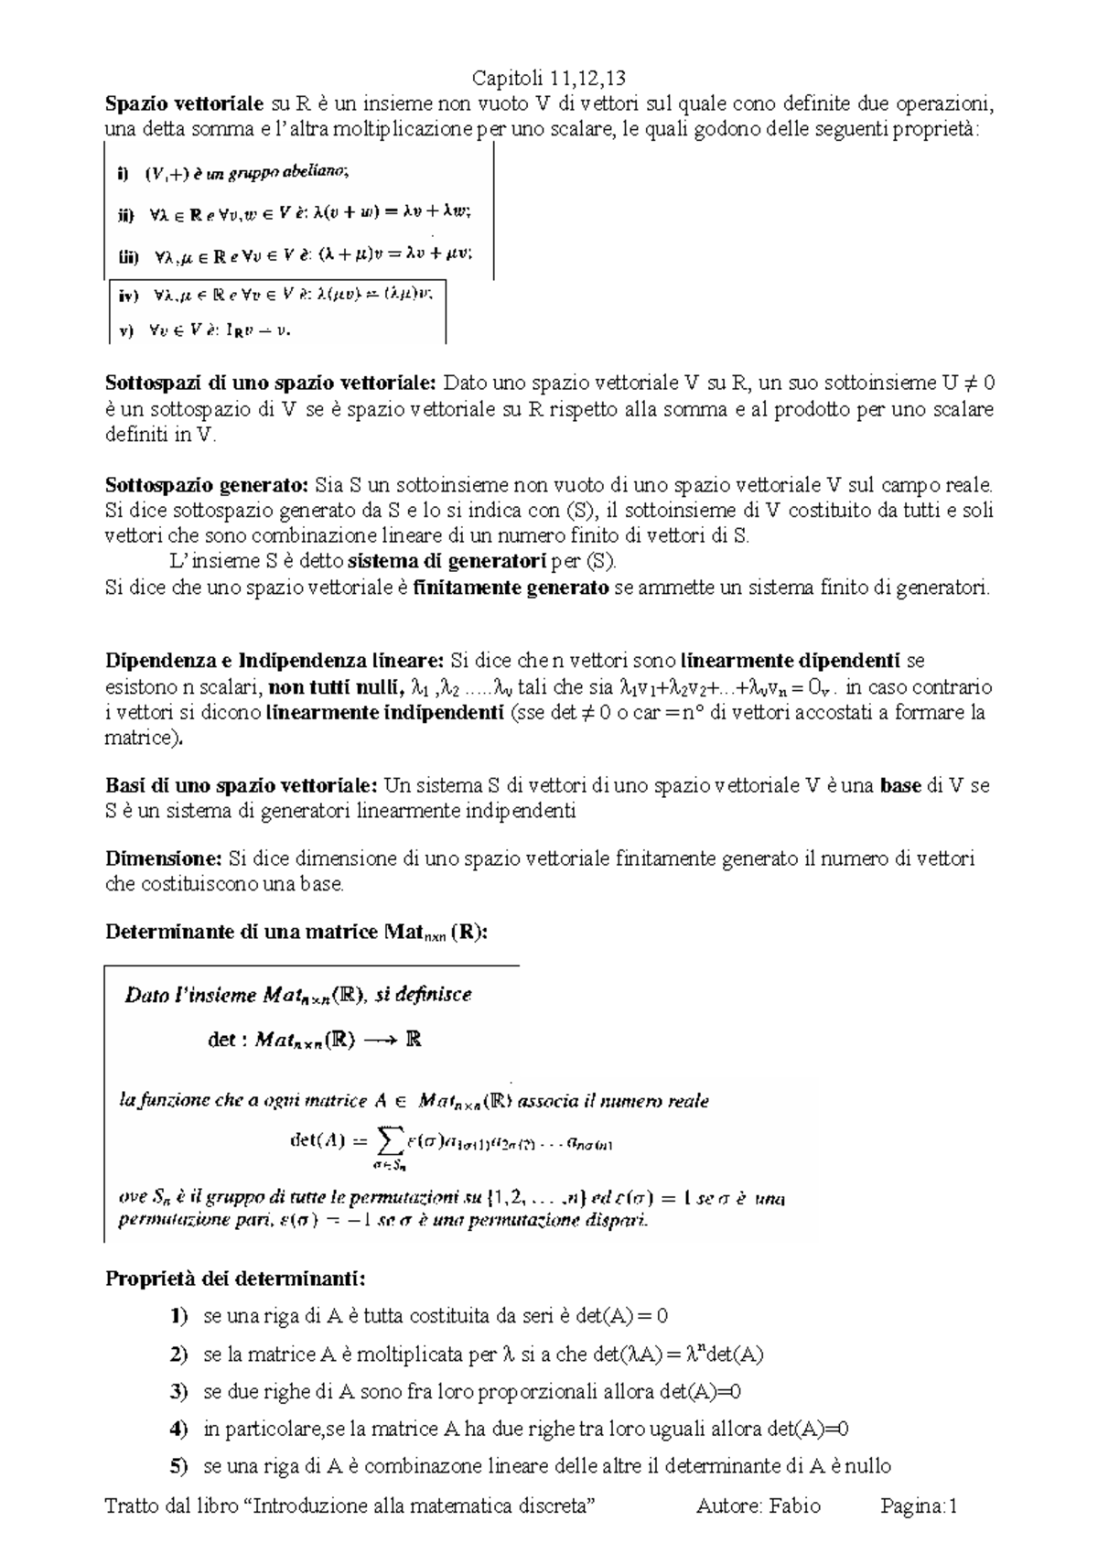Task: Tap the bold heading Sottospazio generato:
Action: pos(207,485)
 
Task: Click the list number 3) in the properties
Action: pos(179,1392)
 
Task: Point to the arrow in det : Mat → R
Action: pos(382,1041)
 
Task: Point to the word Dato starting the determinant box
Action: pos(145,995)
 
